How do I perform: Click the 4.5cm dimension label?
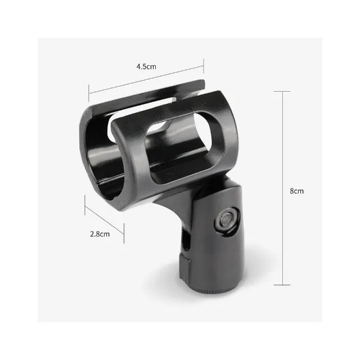(x=146, y=66)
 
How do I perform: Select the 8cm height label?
(x=296, y=191)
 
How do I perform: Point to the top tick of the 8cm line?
(x=282, y=91)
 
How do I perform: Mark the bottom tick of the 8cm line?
(x=282, y=286)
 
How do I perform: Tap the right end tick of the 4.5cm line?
(x=204, y=66)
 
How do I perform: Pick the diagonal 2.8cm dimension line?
(x=105, y=220)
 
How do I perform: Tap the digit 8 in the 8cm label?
(x=292, y=191)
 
